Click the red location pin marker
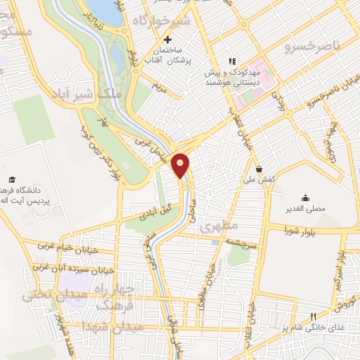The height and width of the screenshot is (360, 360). tap(181, 165)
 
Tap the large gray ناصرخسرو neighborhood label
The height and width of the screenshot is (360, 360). tap(311, 47)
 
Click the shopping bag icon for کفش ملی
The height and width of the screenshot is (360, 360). tap(259, 169)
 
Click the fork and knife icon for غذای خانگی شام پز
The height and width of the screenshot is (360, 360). tap(314, 316)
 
